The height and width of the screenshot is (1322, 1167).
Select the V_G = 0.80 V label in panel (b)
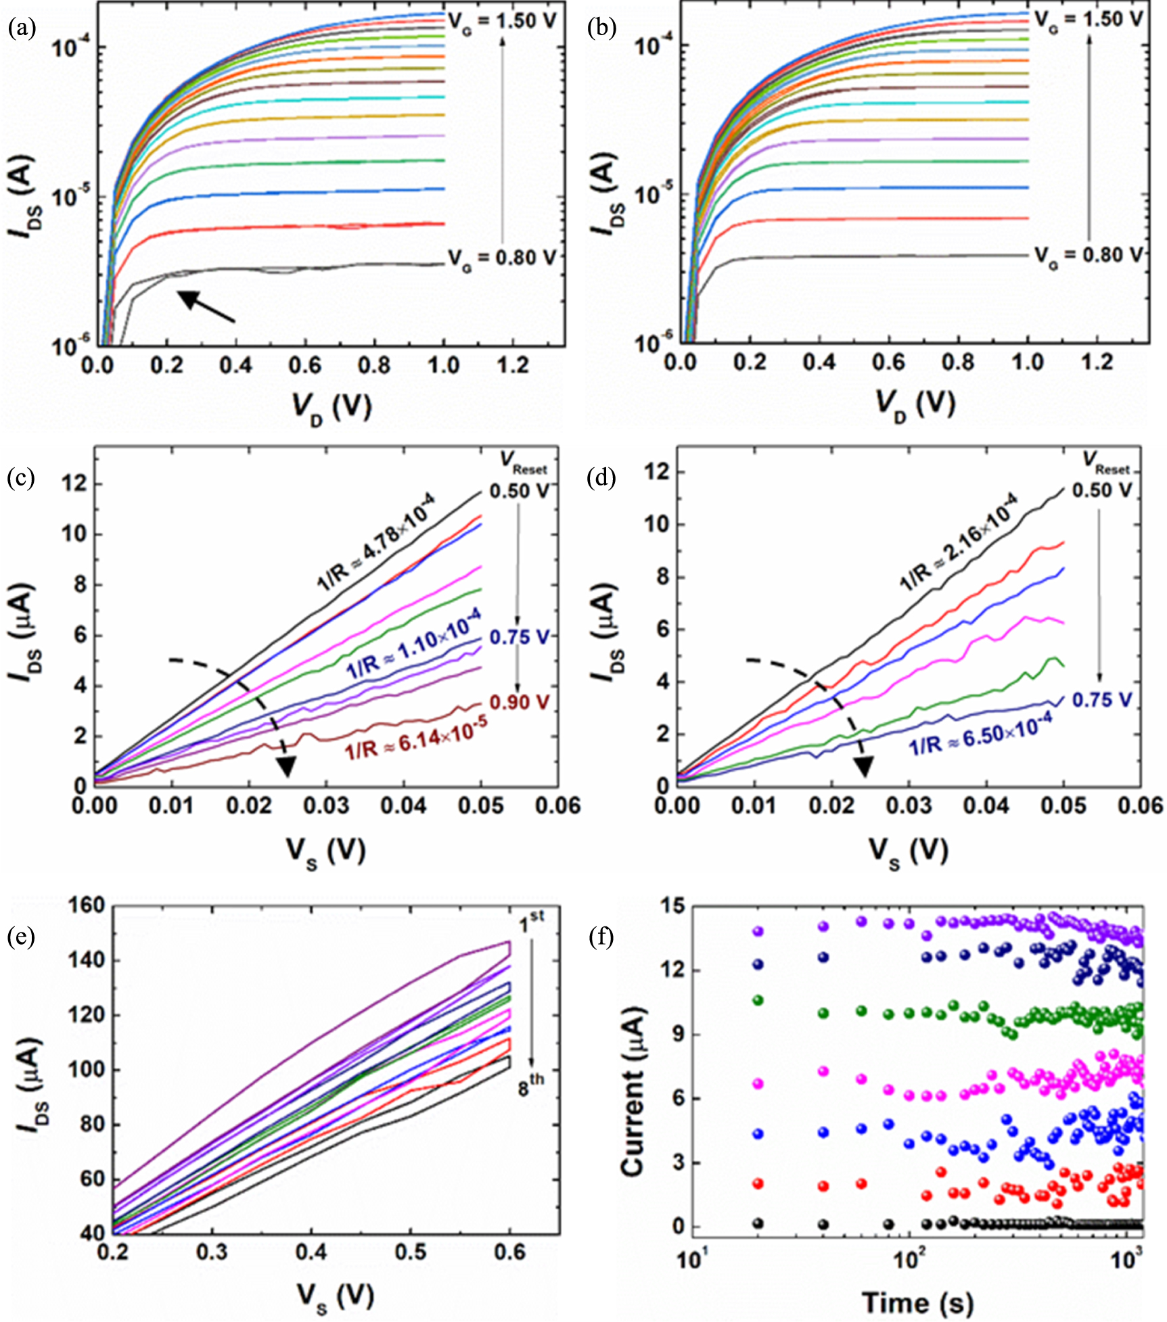(1088, 256)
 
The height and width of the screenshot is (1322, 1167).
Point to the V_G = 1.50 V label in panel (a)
(501, 22)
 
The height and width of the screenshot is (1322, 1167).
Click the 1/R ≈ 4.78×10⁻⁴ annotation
(376, 542)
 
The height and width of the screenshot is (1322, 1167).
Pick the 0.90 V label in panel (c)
(519, 703)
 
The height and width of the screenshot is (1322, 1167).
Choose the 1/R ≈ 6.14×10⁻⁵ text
(416, 738)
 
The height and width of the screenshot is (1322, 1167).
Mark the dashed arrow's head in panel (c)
(286, 766)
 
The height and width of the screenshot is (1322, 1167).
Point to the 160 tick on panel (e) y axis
(87, 905)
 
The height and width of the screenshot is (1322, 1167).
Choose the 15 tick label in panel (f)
(670, 906)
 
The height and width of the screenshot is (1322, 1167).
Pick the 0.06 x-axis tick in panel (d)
(1143, 806)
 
